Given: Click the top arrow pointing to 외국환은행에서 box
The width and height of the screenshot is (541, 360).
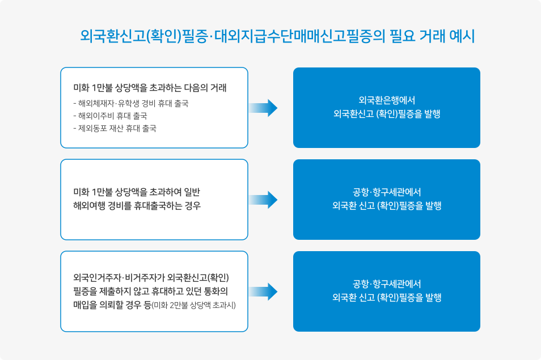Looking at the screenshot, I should (x=264, y=107).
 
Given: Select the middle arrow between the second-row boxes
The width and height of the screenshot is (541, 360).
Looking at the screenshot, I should (x=264, y=199).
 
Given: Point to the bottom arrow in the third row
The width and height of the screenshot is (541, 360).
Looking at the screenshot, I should (x=264, y=291).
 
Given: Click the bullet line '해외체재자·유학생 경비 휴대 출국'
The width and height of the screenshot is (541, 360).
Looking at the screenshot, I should (x=131, y=104).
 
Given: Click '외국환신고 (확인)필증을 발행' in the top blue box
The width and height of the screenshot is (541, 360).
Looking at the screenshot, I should (x=386, y=113).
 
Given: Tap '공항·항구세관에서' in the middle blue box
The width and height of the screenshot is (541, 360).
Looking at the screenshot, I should (x=386, y=192).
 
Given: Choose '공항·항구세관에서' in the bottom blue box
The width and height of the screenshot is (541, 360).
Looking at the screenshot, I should (x=386, y=283).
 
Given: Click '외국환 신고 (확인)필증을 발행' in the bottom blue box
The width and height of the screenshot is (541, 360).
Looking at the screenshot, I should (x=386, y=298).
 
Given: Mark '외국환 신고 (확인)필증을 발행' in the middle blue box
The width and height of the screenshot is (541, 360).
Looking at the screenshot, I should (x=386, y=206).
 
